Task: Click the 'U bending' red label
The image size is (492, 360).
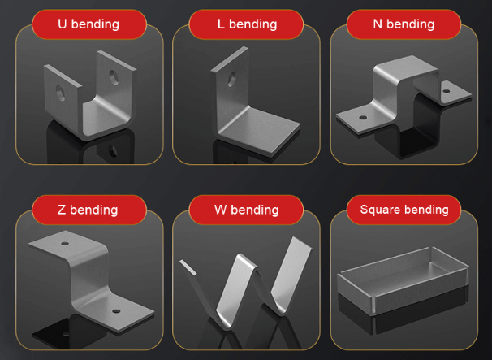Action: (88, 24)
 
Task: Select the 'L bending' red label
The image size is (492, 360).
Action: (246, 24)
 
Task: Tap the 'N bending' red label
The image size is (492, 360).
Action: (404, 24)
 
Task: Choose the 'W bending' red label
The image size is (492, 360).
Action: (246, 210)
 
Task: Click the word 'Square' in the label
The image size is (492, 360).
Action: (381, 210)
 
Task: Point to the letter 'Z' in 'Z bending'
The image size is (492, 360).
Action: (62, 210)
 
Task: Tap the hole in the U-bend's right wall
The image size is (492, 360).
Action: (114, 74)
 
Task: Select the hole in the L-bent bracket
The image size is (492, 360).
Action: (234, 80)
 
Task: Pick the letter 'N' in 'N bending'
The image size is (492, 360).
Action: (378, 24)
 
